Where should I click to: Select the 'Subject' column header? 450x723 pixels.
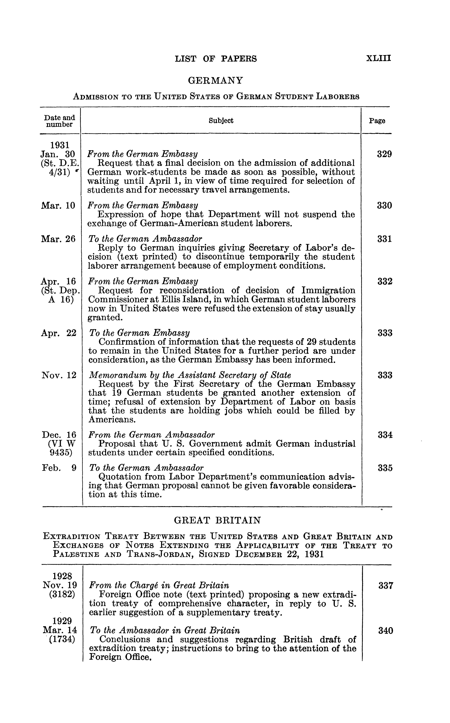click(221, 120)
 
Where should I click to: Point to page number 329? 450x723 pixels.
click(384, 154)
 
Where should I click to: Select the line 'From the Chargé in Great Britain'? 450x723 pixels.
click(159, 586)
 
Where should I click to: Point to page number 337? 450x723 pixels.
click(385, 586)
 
